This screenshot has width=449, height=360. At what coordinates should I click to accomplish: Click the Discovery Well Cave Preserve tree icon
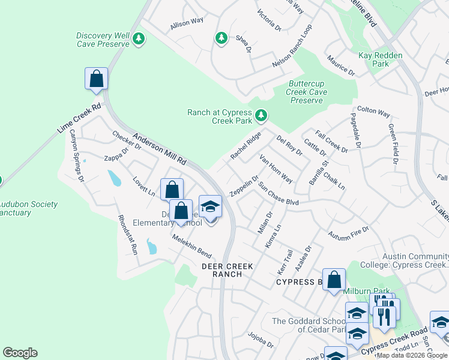pos(139,40)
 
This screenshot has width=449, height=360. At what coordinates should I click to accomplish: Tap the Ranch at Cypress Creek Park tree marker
pos(261,114)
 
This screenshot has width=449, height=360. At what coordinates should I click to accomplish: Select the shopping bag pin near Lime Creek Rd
pos(96,79)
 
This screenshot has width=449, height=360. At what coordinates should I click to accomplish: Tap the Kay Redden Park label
pos(380,59)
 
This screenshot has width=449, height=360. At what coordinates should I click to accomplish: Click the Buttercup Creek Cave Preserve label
pos(307,92)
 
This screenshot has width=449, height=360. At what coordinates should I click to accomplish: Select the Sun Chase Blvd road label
pos(279,194)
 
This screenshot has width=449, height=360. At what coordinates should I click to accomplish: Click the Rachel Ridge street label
pos(246,146)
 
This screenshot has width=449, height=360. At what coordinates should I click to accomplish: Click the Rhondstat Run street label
pos(128,235)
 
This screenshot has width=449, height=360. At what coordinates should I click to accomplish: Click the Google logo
pos(20,353)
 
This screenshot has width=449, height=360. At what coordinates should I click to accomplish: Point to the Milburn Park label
pos(366,291)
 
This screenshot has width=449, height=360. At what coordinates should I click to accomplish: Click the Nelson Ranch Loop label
pos(292,47)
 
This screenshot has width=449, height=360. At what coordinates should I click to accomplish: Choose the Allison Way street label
pos(187,23)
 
